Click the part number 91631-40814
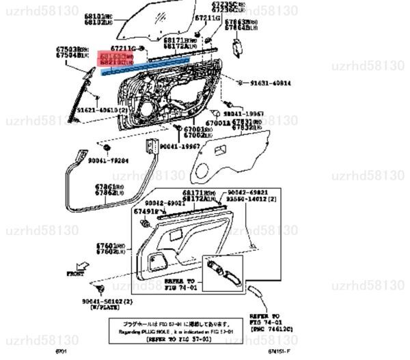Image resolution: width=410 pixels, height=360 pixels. (271, 83)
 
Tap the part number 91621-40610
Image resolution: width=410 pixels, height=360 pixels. (98, 109)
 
